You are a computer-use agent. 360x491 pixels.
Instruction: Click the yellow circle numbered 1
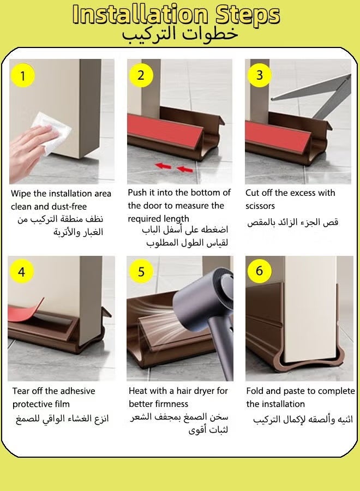[22, 76]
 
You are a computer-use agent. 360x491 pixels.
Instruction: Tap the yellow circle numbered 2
[141, 75]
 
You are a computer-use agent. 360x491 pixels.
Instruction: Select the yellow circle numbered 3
[259, 75]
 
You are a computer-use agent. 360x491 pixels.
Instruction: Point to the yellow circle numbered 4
[22, 272]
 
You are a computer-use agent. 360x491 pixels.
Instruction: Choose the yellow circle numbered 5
[141, 272]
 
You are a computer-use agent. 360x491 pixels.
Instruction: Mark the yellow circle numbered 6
[259, 271]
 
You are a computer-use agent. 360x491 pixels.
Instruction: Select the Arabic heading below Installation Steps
[180, 34]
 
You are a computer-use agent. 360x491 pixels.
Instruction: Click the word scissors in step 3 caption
[260, 206]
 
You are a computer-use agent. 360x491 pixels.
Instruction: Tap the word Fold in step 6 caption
[256, 391]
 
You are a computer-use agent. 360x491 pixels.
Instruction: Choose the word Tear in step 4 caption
[22, 391]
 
